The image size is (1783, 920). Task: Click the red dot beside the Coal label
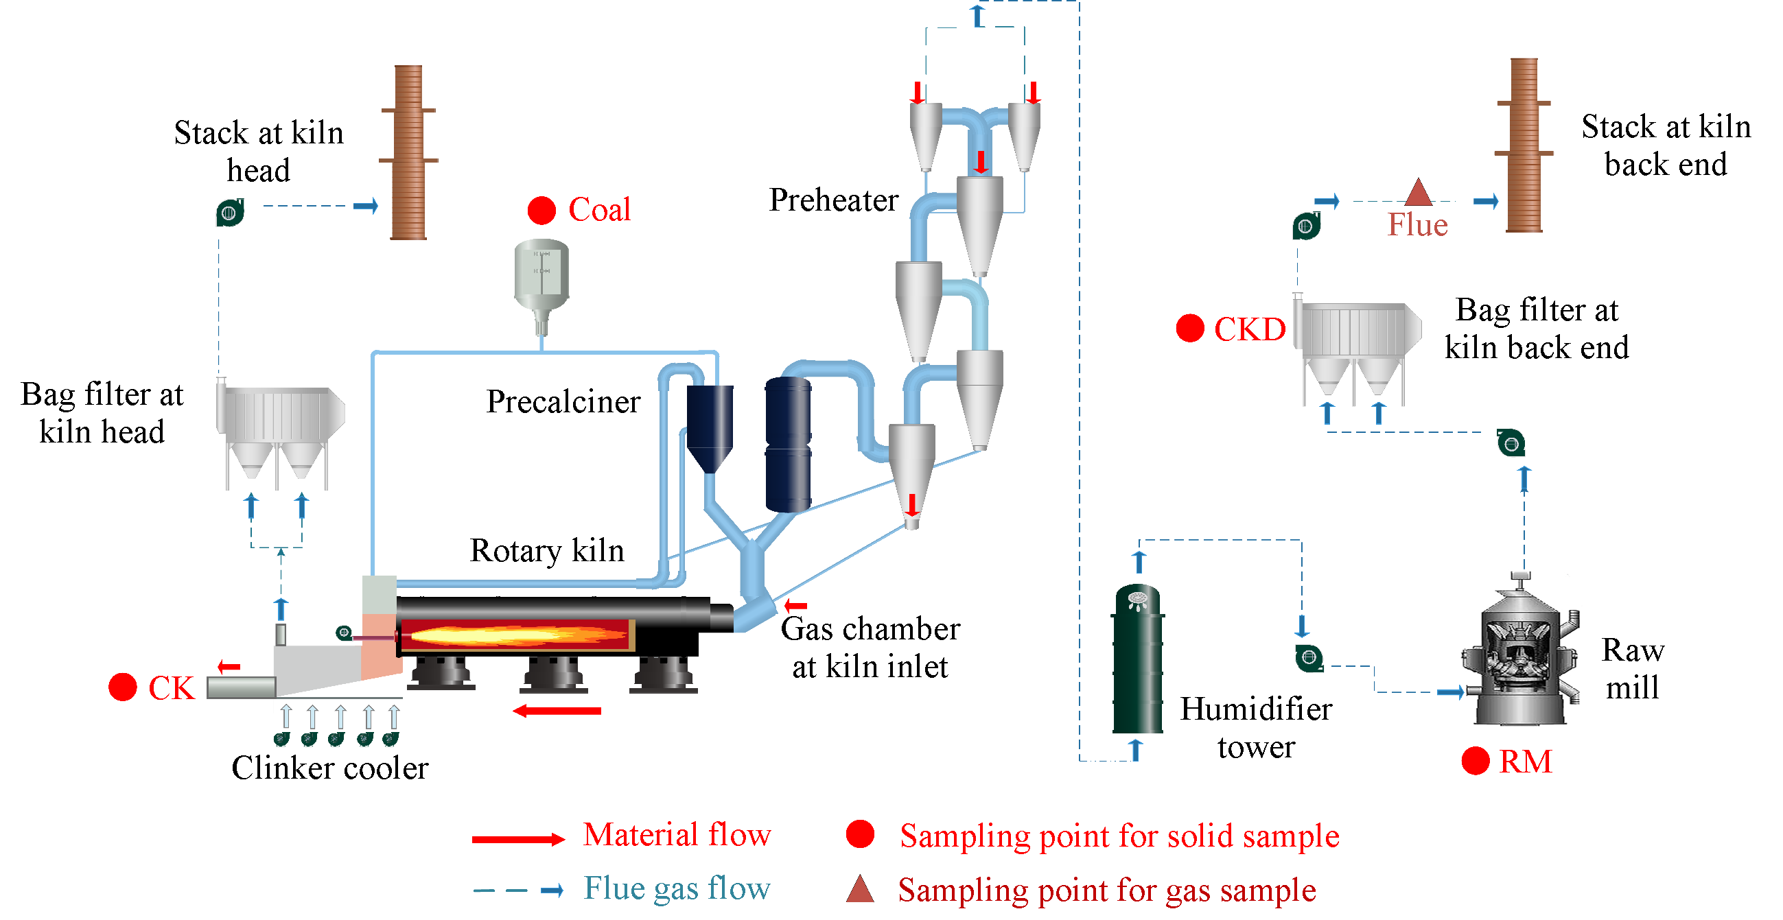point(541,211)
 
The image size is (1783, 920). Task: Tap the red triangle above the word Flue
point(1418,193)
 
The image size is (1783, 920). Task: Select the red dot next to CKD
point(1190,328)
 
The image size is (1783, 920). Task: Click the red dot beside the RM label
point(1475,761)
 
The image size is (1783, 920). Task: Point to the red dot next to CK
point(123,687)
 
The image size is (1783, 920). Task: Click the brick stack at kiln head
point(408,152)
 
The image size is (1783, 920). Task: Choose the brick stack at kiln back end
point(1524,145)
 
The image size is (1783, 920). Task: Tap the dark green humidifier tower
point(1137,661)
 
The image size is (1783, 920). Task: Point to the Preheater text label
point(833,200)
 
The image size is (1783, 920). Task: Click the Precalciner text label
point(563,401)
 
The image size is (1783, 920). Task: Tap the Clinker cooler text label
point(329,768)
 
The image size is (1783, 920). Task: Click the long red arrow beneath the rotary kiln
point(557,710)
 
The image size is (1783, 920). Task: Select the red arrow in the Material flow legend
point(517,839)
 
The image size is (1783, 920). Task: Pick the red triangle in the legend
point(860,889)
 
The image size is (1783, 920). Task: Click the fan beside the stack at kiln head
point(230,212)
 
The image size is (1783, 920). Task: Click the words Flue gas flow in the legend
point(676,888)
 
